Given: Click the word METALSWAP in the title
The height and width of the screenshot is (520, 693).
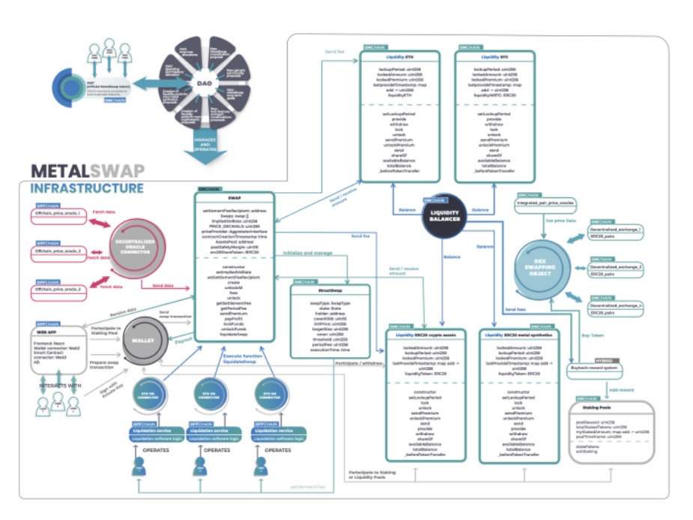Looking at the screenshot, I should pyautogui.click(x=88, y=171).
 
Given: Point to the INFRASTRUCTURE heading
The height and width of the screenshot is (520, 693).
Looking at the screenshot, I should pyautogui.click(x=87, y=188).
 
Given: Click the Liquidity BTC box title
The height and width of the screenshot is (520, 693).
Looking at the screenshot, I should pyautogui.click(x=494, y=57).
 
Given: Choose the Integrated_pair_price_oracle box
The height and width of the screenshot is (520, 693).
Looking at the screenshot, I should pyautogui.click(x=545, y=203).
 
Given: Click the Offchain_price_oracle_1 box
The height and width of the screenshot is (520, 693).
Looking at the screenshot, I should pyautogui.click(x=64, y=214).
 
